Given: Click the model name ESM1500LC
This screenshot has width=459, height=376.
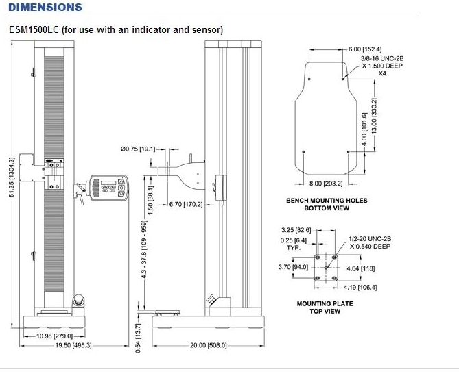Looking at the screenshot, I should click(34, 30).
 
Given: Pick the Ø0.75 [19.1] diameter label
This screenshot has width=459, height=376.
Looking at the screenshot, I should click(139, 148).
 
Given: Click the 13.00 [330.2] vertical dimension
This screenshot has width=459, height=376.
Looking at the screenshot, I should click(374, 115).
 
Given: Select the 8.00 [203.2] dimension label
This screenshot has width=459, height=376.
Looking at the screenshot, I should click(325, 184).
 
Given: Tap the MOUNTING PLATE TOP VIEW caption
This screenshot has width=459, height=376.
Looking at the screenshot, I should click(318, 306).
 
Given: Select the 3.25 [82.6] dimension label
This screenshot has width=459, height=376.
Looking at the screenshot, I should click(296, 230).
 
